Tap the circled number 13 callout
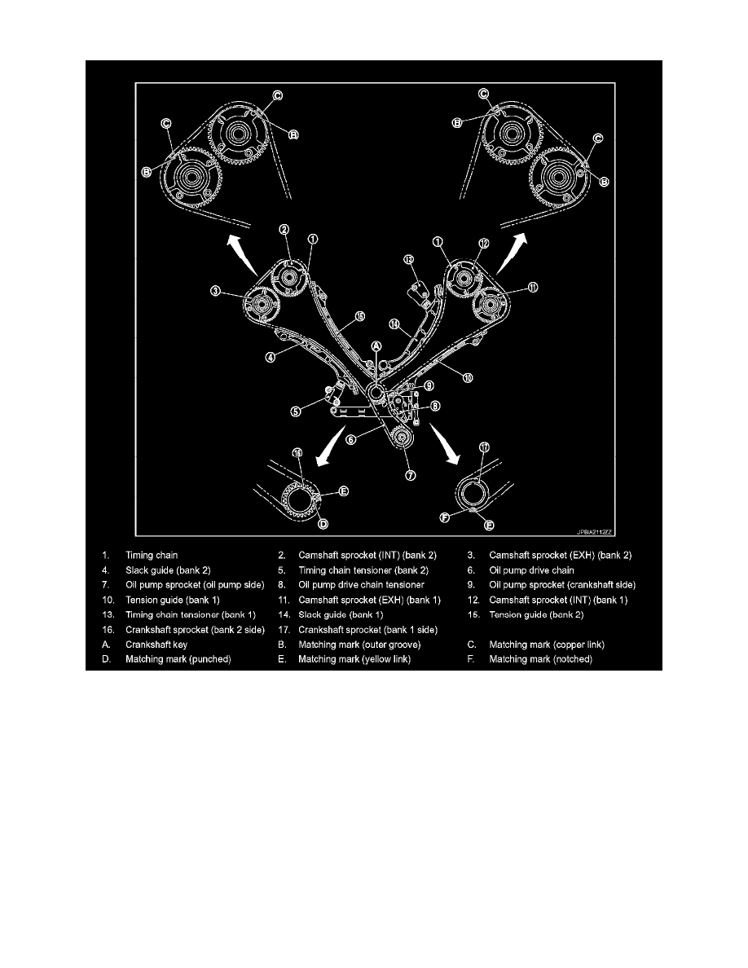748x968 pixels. (408, 260)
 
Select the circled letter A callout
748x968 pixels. (376, 346)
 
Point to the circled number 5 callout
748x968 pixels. (297, 411)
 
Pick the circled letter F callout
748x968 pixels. (445, 517)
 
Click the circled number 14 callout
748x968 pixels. (394, 323)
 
